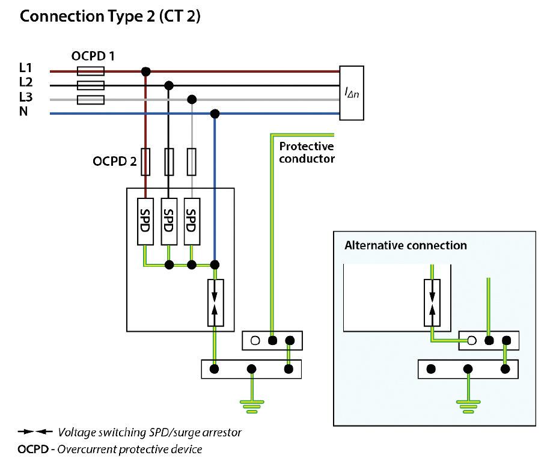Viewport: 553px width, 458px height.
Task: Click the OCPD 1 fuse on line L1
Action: click(91, 71)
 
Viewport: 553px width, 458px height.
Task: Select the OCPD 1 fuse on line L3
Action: click(91, 100)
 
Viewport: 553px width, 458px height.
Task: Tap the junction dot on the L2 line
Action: click(169, 86)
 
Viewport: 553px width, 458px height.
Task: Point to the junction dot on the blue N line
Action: click(215, 114)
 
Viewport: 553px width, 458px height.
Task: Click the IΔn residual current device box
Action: click(352, 93)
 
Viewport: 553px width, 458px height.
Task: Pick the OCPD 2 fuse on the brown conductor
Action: click(145, 162)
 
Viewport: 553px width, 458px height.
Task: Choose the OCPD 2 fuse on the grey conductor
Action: click(192, 162)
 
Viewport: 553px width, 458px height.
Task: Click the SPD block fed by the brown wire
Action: click(145, 221)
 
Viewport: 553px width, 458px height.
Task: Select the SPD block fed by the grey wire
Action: click(192, 221)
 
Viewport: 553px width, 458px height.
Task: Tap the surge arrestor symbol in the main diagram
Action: click(215, 303)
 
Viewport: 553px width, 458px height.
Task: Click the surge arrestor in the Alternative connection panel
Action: click(432, 303)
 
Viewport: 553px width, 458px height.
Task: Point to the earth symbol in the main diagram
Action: click(252, 407)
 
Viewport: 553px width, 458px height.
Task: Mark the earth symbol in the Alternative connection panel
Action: click(468, 407)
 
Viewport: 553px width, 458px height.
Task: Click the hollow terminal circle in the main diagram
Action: click(255, 341)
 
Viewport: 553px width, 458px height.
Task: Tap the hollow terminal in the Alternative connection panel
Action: click(471, 341)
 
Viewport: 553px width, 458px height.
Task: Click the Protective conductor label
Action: click(307, 152)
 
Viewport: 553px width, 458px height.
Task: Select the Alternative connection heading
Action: click(406, 245)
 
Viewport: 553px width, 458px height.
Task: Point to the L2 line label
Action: click(26, 82)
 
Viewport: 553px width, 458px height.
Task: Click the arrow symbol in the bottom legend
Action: click(35, 432)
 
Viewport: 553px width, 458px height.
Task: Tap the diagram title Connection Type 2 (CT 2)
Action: click(110, 16)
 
